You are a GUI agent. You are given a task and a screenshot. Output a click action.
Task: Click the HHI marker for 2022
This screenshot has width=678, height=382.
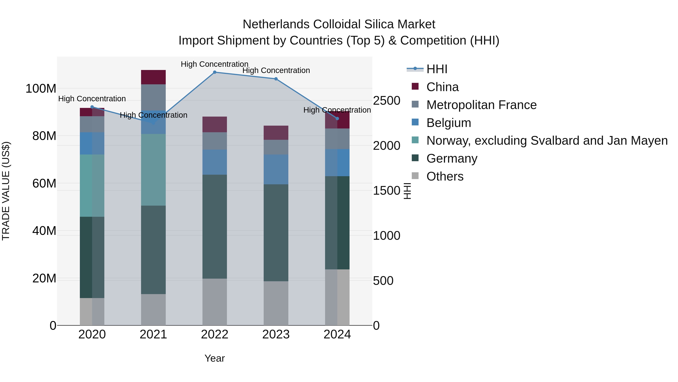tap(215, 72)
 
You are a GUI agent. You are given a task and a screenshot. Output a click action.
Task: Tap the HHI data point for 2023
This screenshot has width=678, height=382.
tap(276, 79)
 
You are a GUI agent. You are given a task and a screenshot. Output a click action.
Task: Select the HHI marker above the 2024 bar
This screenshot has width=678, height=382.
tap(337, 119)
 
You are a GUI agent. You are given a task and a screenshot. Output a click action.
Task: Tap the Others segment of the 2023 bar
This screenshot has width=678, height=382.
tap(276, 303)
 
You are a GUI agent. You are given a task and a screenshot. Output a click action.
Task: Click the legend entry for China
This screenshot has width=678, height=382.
tap(442, 87)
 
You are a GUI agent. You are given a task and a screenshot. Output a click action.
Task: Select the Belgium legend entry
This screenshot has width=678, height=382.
tap(448, 123)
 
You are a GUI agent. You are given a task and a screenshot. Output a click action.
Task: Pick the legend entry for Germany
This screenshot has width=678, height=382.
tap(452, 158)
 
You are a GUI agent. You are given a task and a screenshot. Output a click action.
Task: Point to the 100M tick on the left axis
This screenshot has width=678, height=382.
tap(41, 89)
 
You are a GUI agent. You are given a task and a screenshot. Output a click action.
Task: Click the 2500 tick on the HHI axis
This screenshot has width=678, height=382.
tap(386, 101)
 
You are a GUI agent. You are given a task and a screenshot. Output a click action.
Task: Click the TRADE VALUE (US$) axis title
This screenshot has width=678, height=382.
tap(6, 191)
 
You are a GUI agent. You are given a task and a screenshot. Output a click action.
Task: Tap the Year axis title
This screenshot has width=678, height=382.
tap(215, 358)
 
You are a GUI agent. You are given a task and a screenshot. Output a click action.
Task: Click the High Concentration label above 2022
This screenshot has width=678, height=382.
tap(215, 64)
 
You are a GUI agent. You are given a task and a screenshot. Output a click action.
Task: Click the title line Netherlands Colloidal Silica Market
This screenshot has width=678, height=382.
tap(339, 24)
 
